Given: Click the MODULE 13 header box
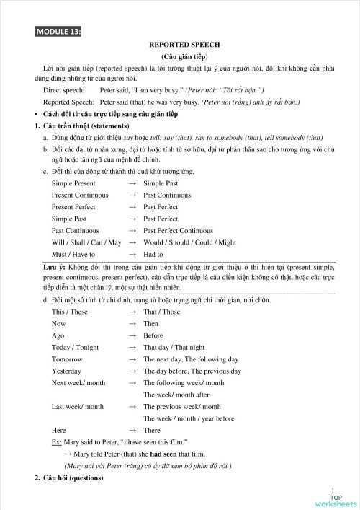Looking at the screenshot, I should click(58, 31).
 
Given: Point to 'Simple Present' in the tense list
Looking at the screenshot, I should click(75, 184).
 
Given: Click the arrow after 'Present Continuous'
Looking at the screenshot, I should click(132, 195).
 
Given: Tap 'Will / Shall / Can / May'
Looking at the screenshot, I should click(86, 242).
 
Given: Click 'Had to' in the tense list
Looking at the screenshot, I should click(153, 254).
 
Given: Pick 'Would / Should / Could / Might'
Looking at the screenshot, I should click(189, 242).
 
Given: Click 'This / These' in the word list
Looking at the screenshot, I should click(69, 312).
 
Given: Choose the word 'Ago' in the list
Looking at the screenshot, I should click(58, 335).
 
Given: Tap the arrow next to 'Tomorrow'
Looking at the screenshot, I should click(132, 359).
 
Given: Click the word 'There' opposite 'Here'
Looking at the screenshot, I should click(152, 429).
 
